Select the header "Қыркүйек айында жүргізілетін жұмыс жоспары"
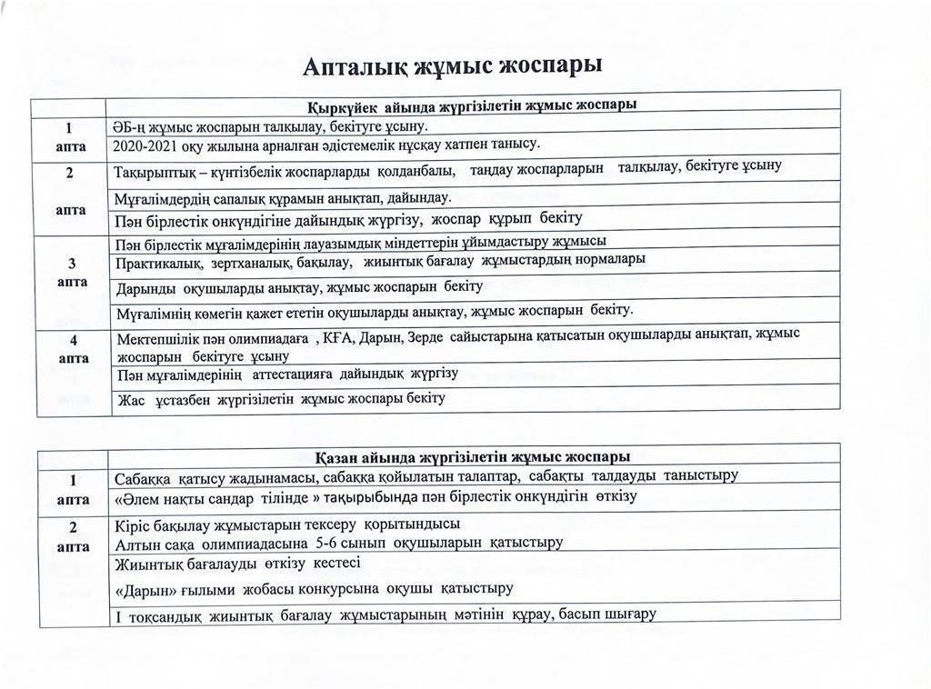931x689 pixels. [x=471, y=105]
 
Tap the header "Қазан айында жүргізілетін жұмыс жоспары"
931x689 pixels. [x=473, y=456]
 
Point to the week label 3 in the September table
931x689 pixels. [x=72, y=264]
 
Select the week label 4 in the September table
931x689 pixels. [x=72, y=340]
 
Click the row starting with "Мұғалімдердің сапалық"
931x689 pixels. [x=283, y=197]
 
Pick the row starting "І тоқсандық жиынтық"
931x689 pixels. [x=385, y=614]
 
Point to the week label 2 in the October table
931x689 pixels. [x=72, y=527]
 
